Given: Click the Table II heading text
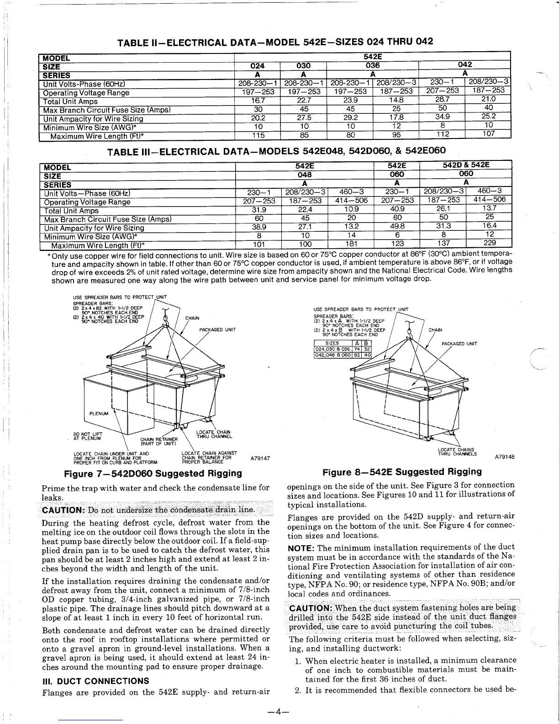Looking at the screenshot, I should [x=275, y=43].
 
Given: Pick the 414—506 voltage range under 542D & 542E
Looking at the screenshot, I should [x=489, y=200].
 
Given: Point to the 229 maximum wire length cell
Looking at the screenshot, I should [x=489, y=243].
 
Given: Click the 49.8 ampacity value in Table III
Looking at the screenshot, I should [x=396, y=226].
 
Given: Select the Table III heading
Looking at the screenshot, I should [x=276, y=151].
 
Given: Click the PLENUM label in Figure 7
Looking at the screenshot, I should [x=99, y=414].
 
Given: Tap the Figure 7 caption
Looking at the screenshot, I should [x=153, y=473].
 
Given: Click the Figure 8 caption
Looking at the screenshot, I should [x=402, y=472].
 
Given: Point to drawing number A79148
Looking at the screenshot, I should [x=505, y=456].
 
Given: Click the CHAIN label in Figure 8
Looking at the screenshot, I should [x=435, y=330].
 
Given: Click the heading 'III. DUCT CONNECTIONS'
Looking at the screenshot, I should [x=95, y=681].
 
